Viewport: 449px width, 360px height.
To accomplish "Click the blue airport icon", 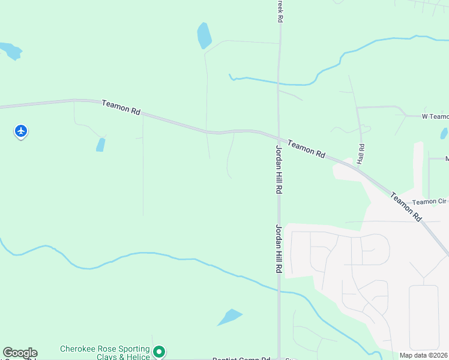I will (21, 130).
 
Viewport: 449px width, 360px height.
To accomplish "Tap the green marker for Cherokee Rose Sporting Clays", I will (159, 352).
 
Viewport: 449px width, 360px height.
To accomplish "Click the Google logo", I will (20, 353).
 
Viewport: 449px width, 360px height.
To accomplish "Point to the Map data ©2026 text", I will (423, 355).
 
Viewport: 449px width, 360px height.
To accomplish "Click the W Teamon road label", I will (435, 116).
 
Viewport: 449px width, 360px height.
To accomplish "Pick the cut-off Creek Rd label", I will (280, 11).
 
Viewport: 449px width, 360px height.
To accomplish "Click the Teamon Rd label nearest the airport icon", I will (121, 107).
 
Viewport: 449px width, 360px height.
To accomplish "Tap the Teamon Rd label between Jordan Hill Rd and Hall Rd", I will (306, 149).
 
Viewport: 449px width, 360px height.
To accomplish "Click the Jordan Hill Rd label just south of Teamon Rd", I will (279, 169).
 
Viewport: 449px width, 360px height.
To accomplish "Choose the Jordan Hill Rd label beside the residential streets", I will (279, 249).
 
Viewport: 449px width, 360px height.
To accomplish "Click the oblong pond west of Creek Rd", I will (204, 36).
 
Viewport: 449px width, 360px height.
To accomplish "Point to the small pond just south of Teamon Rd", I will (100, 145).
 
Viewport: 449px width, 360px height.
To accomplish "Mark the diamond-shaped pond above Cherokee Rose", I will (229, 316).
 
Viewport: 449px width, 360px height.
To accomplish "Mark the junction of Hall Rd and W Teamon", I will (357, 107).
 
